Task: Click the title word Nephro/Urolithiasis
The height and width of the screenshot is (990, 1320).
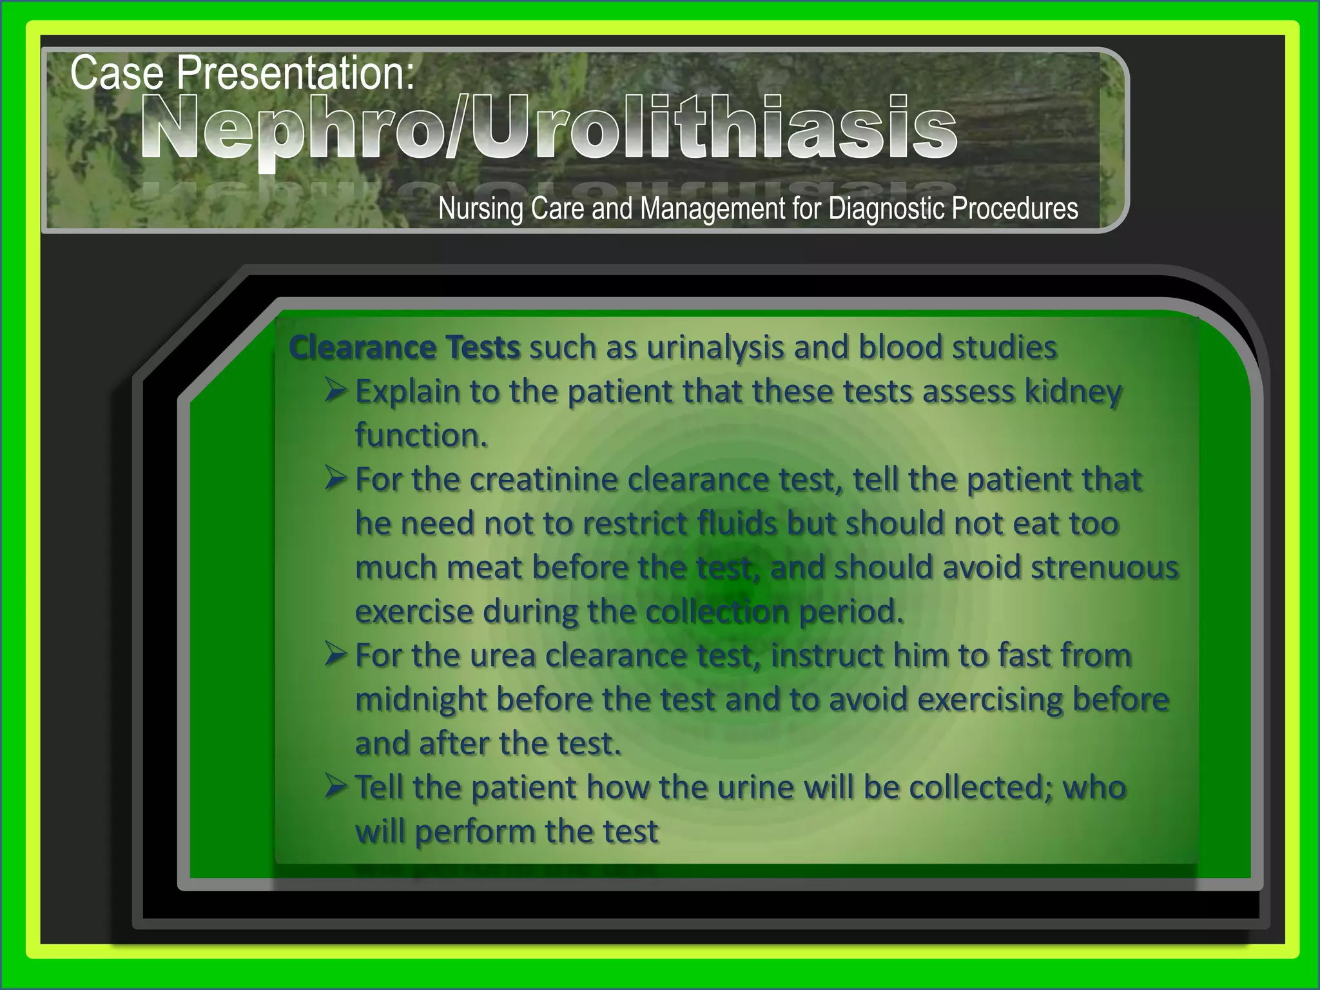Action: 548,128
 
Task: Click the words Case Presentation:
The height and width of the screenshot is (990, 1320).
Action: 242,73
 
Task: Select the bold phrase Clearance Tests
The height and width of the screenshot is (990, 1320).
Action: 404,348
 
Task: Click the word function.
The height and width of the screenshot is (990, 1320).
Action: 421,436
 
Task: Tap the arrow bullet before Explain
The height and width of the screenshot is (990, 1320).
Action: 336,391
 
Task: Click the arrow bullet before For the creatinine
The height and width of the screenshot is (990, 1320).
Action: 336,479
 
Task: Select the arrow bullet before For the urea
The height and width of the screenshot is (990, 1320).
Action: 336,655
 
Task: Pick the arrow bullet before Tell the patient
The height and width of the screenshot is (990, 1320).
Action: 336,787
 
